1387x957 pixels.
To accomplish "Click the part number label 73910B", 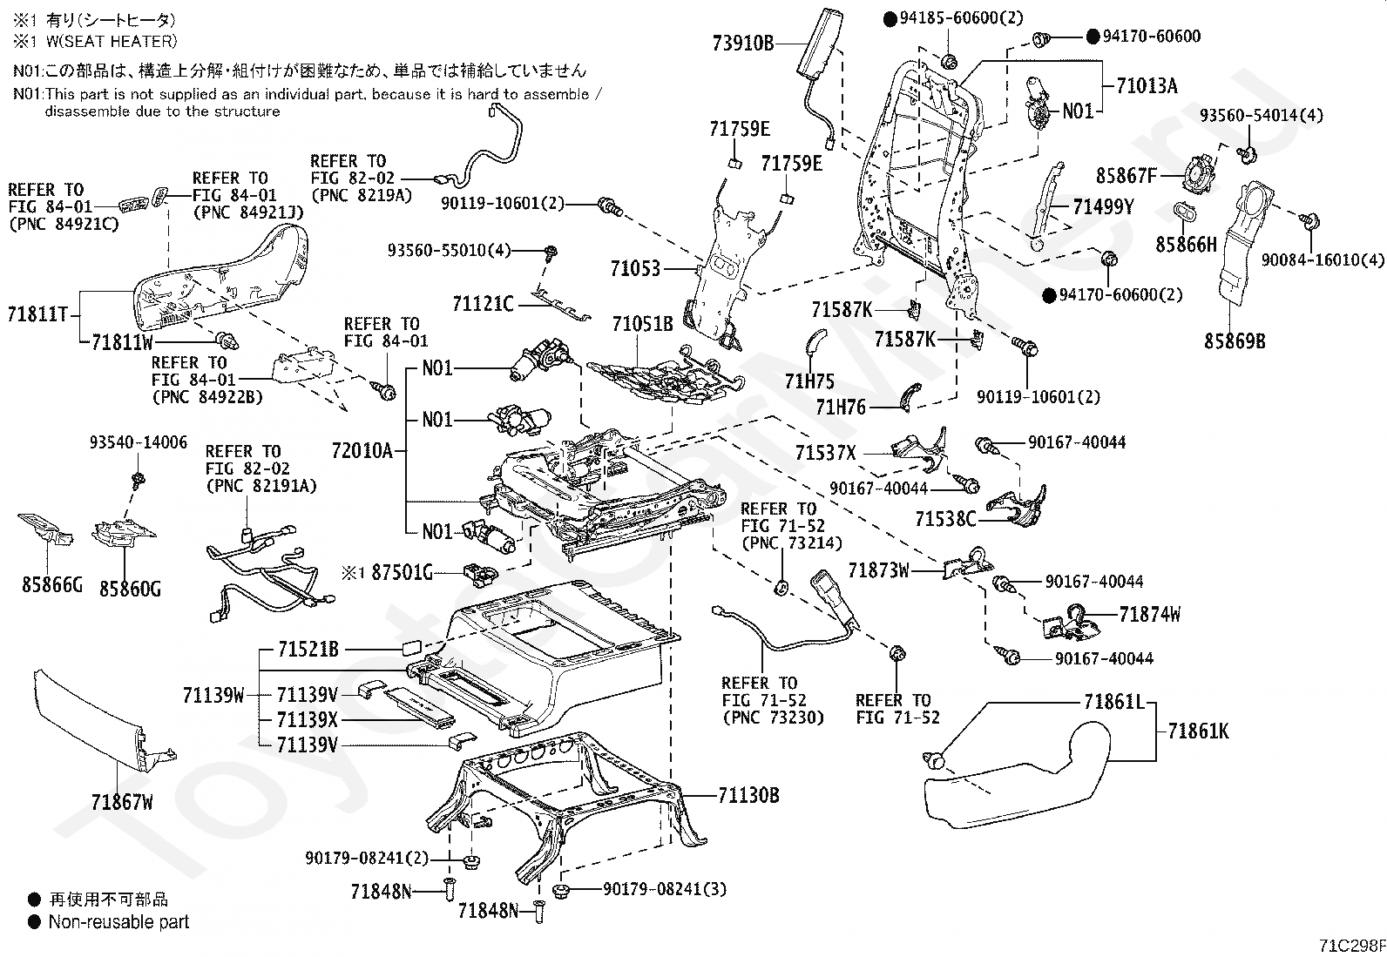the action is tap(743, 44).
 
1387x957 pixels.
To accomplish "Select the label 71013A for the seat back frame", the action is tap(1147, 85).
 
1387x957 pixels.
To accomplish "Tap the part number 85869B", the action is tap(1235, 340).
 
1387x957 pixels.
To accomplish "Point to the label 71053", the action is tap(635, 269).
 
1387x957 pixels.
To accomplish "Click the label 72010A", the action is tap(362, 450).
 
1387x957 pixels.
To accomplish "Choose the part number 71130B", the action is tap(748, 795).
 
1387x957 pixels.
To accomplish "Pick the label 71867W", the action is tap(122, 802).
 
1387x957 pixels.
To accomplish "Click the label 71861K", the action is tap(1198, 731).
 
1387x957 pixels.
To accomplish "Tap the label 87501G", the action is tap(402, 572).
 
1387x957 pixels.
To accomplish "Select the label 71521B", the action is tap(308, 649).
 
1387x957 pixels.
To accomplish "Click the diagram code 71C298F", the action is tap(1351, 945).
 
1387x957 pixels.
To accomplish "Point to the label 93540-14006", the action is tap(138, 442).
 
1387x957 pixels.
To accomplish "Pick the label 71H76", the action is tap(841, 408).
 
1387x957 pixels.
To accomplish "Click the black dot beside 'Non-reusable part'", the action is tap(35, 921).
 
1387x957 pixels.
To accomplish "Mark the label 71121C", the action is tap(483, 304).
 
